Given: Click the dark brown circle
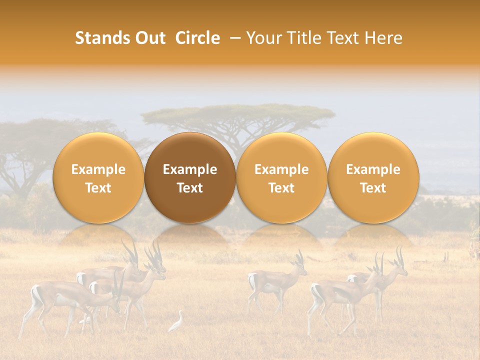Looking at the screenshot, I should point(190,177).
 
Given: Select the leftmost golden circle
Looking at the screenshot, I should point(98,177).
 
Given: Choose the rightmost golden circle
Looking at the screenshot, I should point(373,177).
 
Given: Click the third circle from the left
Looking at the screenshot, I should point(281,177).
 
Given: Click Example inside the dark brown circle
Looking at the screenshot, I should point(190,169).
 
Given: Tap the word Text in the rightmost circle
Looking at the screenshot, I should point(373,188).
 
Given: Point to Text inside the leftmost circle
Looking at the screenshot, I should point(98,188).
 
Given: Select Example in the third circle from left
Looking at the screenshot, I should point(281,169).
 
